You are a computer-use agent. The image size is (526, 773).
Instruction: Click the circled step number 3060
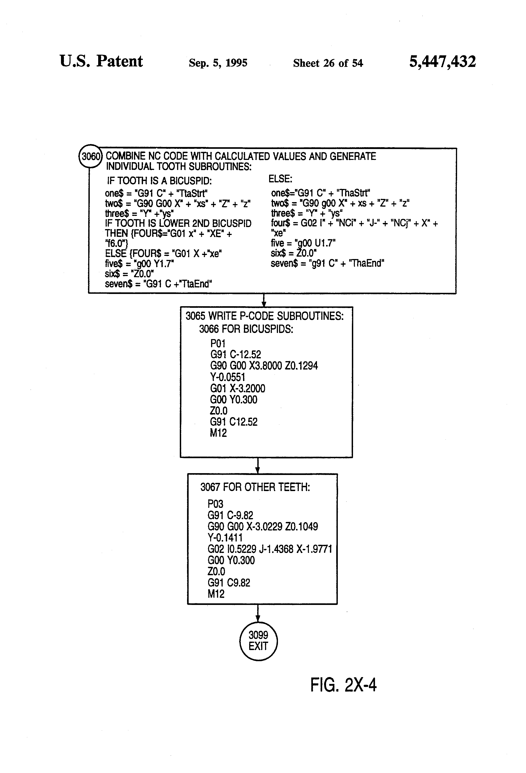click(x=90, y=156)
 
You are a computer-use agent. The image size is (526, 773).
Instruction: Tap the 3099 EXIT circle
click(x=258, y=641)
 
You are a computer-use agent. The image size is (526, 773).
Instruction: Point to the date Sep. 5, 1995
click(x=218, y=63)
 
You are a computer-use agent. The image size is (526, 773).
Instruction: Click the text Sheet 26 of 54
click(x=328, y=63)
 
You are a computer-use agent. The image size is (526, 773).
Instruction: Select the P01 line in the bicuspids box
click(x=218, y=343)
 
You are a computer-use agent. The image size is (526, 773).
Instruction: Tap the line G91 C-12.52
click(x=236, y=354)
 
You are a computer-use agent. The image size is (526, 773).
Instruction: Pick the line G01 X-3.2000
click(x=238, y=388)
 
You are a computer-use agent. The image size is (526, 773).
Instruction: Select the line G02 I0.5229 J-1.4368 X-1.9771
click(x=270, y=549)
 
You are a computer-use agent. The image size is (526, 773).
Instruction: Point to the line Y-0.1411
click(x=225, y=538)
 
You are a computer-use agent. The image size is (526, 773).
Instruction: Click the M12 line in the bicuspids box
click(x=218, y=433)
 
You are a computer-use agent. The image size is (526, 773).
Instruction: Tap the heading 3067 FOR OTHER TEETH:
click(x=255, y=487)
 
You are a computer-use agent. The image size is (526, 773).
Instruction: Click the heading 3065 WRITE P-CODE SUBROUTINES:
click(x=265, y=316)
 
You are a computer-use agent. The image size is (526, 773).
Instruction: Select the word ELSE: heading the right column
click(x=280, y=179)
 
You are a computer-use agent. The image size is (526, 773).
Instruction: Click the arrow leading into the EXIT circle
click(x=258, y=613)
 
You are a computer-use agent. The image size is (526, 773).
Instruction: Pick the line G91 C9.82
click(x=229, y=583)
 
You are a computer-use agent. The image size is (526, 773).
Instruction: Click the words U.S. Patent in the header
click(x=101, y=61)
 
